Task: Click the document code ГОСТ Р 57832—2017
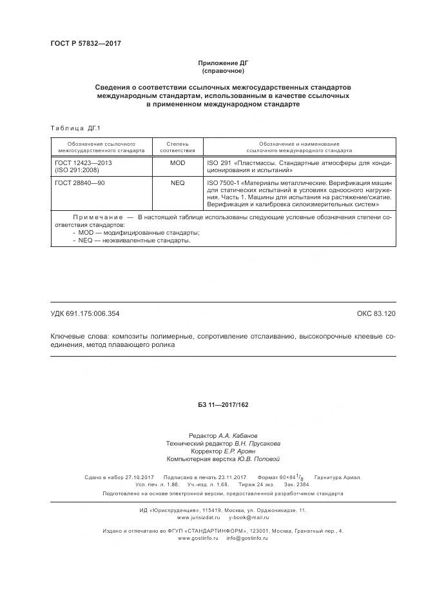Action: (x=86, y=43)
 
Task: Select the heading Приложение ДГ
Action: (x=213, y=63)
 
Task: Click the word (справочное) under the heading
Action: (x=213, y=70)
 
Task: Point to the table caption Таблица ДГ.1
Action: (x=76, y=128)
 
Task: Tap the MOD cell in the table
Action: (x=177, y=163)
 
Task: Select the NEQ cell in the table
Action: (x=177, y=183)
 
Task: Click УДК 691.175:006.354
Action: (x=84, y=313)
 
